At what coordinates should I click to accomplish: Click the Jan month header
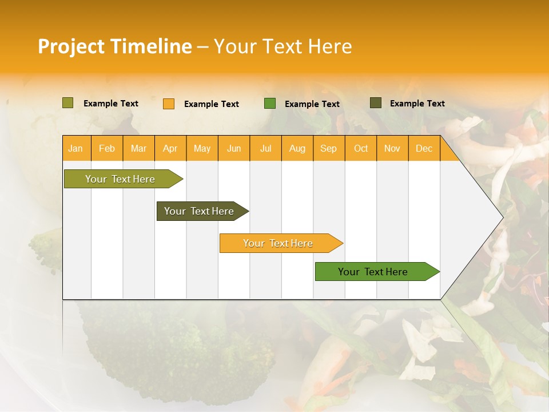click(75, 148)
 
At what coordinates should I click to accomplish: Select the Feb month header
click(107, 148)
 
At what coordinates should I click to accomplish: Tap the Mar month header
click(138, 148)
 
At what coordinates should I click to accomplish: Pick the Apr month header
click(170, 148)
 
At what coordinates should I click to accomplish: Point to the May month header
click(202, 148)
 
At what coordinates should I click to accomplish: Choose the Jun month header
click(234, 148)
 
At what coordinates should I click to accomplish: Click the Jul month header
click(265, 148)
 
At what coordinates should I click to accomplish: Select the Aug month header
click(297, 148)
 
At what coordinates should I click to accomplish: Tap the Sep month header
click(329, 148)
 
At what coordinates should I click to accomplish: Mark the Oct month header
click(361, 148)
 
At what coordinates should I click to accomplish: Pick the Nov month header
click(392, 148)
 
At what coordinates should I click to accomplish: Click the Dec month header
click(424, 148)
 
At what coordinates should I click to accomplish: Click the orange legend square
click(169, 104)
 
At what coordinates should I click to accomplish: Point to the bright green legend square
click(270, 104)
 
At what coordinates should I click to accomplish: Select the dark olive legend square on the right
click(376, 103)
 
